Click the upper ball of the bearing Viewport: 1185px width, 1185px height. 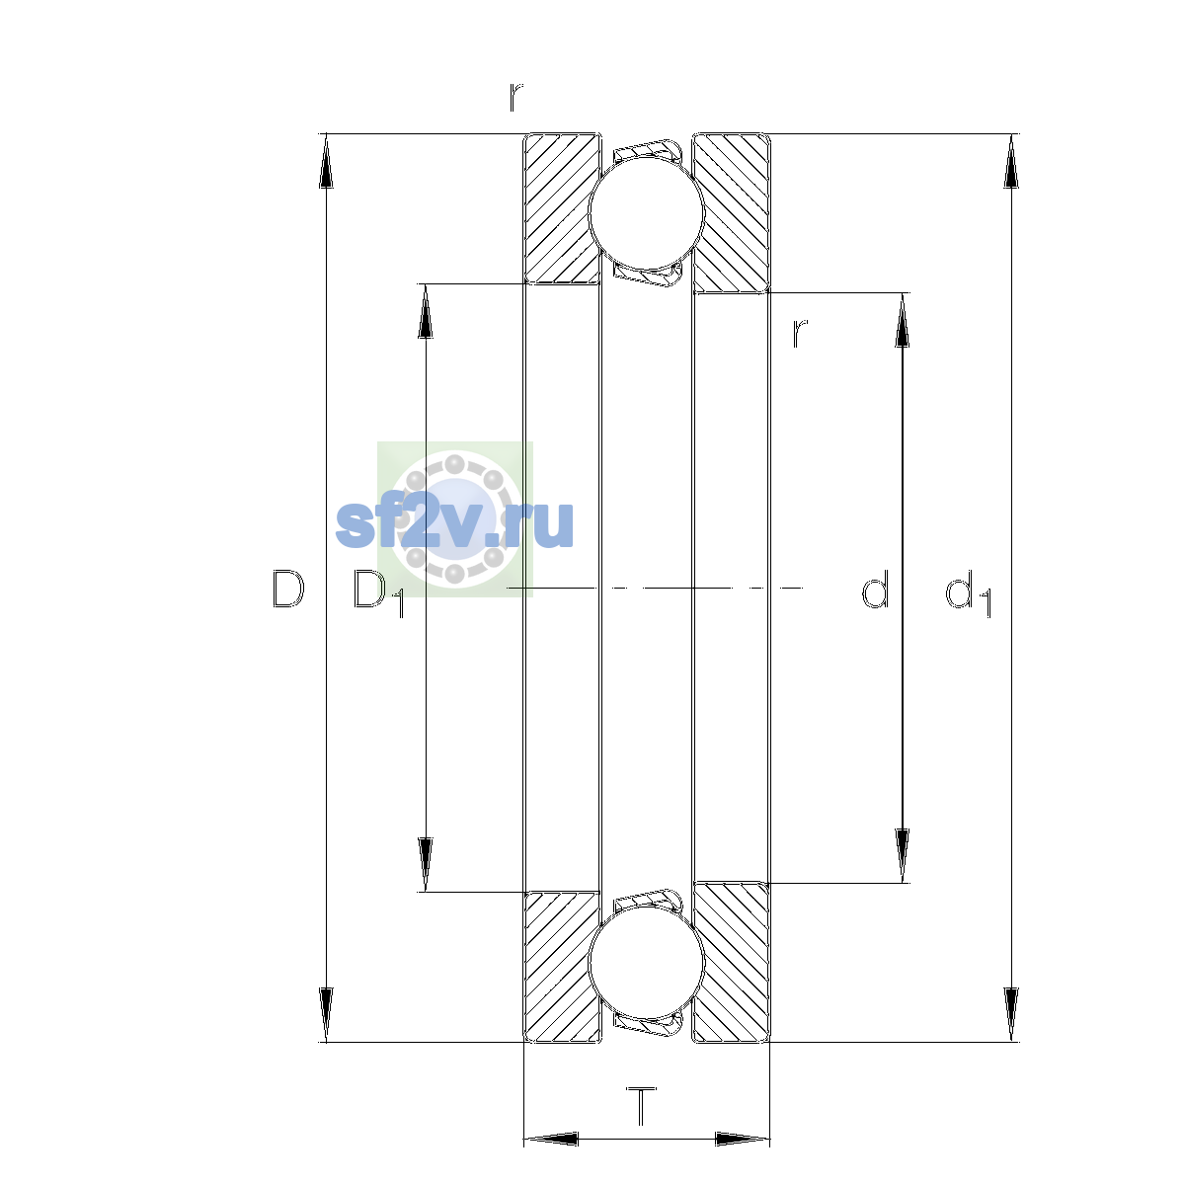pyautogui.click(x=646, y=212)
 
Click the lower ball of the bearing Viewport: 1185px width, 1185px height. pyautogui.click(x=646, y=963)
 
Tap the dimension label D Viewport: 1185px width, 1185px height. pyautogui.click(x=287, y=589)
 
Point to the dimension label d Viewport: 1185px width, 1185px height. pyautogui.click(x=875, y=589)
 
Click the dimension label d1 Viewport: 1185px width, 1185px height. pyautogui.click(x=969, y=592)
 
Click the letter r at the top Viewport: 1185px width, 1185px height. pyautogui.click(x=515, y=97)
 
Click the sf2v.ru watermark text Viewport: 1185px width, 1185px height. pyautogui.click(x=454, y=523)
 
